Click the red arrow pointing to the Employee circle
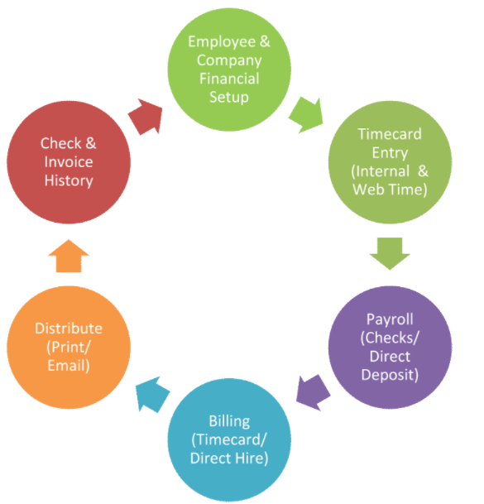(x=146, y=117)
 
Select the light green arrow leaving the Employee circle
(x=306, y=115)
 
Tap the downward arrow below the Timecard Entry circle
(x=390, y=253)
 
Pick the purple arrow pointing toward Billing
(x=313, y=392)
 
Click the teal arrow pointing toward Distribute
(x=152, y=395)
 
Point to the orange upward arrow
(x=69, y=256)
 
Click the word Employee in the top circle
(x=222, y=42)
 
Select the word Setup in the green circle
(x=229, y=97)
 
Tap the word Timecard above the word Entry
(x=390, y=134)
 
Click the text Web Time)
(x=390, y=190)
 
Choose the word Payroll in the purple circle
(x=390, y=319)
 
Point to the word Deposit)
(x=390, y=375)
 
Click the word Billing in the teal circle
(x=229, y=421)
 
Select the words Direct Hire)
(x=229, y=458)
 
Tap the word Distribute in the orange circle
(x=69, y=329)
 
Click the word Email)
(x=69, y=366)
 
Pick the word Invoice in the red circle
(x=69, y=161)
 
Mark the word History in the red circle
(x=69, y=180)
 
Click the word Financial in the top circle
(x=229, y=79)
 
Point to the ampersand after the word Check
(x=91, y=143)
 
